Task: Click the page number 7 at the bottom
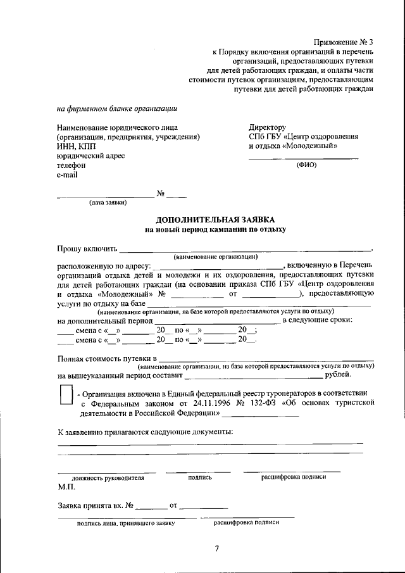click(216, 548)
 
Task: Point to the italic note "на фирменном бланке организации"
click(116, 108)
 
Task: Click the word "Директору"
click(267, 127)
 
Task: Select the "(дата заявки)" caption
click(108, 203)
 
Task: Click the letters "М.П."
click(66, 488)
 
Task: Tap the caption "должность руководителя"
click(108, 478)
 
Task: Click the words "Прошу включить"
click(87, 248)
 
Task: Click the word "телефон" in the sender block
click(71, 165)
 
